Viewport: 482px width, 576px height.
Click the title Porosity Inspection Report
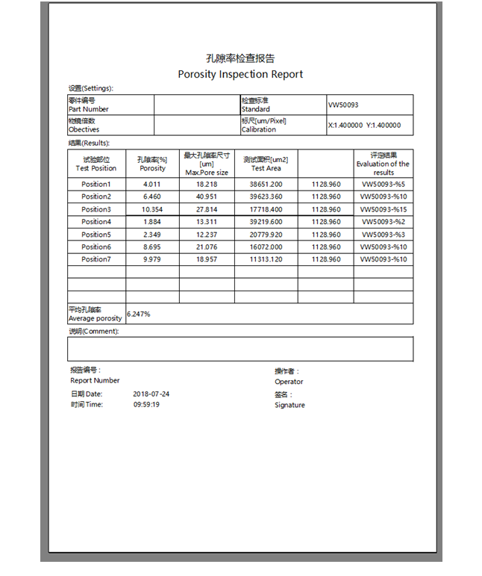[x=240, y=74]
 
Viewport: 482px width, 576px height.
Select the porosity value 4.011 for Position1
[x=152, y=184]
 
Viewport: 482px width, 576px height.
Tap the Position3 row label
[x=96, y=209]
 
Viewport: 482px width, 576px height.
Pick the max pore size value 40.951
[x=207, y=196]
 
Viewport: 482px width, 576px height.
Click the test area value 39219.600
[x=266, y=222]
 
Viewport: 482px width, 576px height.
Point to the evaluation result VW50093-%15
[x=384, y=209]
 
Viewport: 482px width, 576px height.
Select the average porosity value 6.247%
[x=139, y=314]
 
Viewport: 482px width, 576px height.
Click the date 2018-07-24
[x=151, y=394]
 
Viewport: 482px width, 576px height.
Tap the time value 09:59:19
[x=147, y=404]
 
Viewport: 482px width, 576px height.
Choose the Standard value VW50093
[x=343, y=105]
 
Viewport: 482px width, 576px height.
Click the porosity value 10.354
[x=152, y=209]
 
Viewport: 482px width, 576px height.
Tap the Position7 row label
[x=96, y=259]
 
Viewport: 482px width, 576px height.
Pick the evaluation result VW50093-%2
[x=384, y=222]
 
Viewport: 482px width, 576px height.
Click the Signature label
[x=289, y=405]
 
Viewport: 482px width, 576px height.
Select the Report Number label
[x=95, y=380]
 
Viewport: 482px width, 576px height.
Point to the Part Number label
[x=88, y=109]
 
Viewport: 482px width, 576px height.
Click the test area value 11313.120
[x=266, y=259]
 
